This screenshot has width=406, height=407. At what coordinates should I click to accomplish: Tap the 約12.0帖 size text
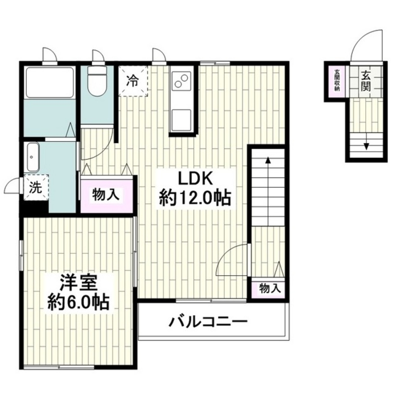click(x=195, y=199)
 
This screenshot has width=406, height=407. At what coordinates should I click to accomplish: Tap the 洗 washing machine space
click(x=36, y=188)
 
